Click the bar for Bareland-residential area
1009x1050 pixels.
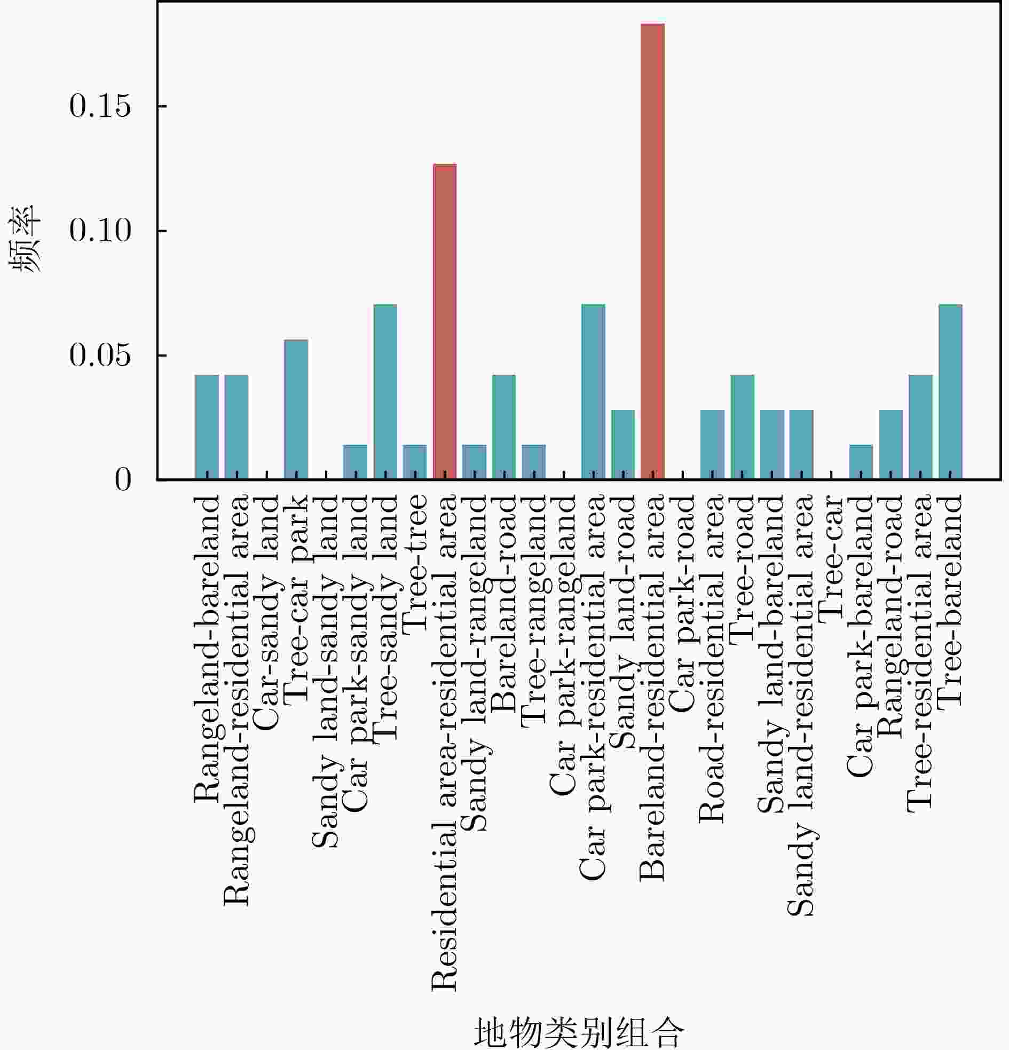click(x=652, y=251)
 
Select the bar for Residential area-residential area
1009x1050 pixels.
click(x=444, y=321)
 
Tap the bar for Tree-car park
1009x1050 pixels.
click(x=296, y=409)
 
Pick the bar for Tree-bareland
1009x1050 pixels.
click(x=950, y=392)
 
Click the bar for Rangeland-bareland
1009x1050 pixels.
click(x=207, y=427)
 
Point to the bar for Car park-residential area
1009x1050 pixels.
click(x=593, y=392)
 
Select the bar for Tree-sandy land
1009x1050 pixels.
click(x=385, y=392)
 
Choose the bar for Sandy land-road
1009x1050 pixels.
click(x=622, y=444)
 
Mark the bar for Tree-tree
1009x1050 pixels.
click(x=415, y=462)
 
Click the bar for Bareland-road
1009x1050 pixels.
click(x=503, y=427)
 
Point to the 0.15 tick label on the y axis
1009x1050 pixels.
click(x=100, y=106)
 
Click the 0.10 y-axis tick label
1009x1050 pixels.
click(x=100, y=231)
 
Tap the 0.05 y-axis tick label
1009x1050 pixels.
click(x=100, y=355)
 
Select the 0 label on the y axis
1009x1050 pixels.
click(x=123, y=480)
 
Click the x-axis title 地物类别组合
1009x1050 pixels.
click(x=579, y=1032)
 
